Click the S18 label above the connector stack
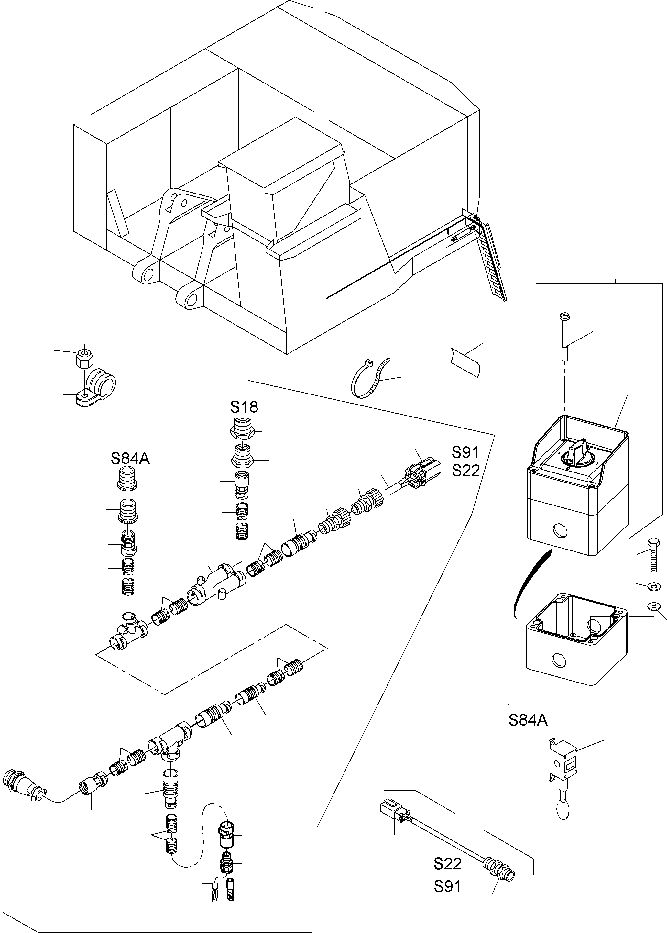pyautogui.click(x=244, y=407)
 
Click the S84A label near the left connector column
pyautogui.click(x=130, y=459)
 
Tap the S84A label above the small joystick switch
pyautogui.click(x=528, y=720)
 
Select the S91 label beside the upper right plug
pyautogui.click(x=465, y=452)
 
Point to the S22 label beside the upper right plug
pyautogui.click(x=466, y=471)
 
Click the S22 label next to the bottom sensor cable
pyautogui.click(x=447, y=864)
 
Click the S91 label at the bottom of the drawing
pyautogui.click(x=447, y=887)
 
